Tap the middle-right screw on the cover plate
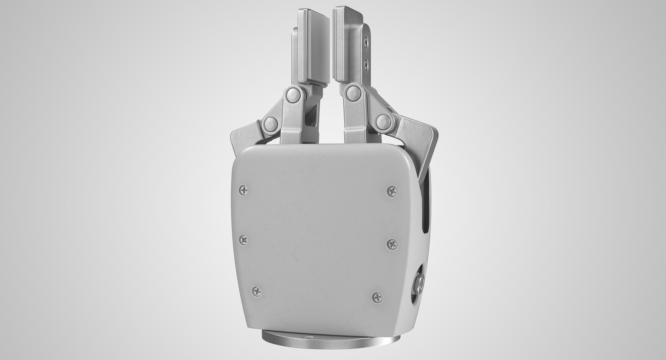[x=392, y=244]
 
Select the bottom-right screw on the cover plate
[x=377, y=296]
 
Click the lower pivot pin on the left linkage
[x=271, y=123]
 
